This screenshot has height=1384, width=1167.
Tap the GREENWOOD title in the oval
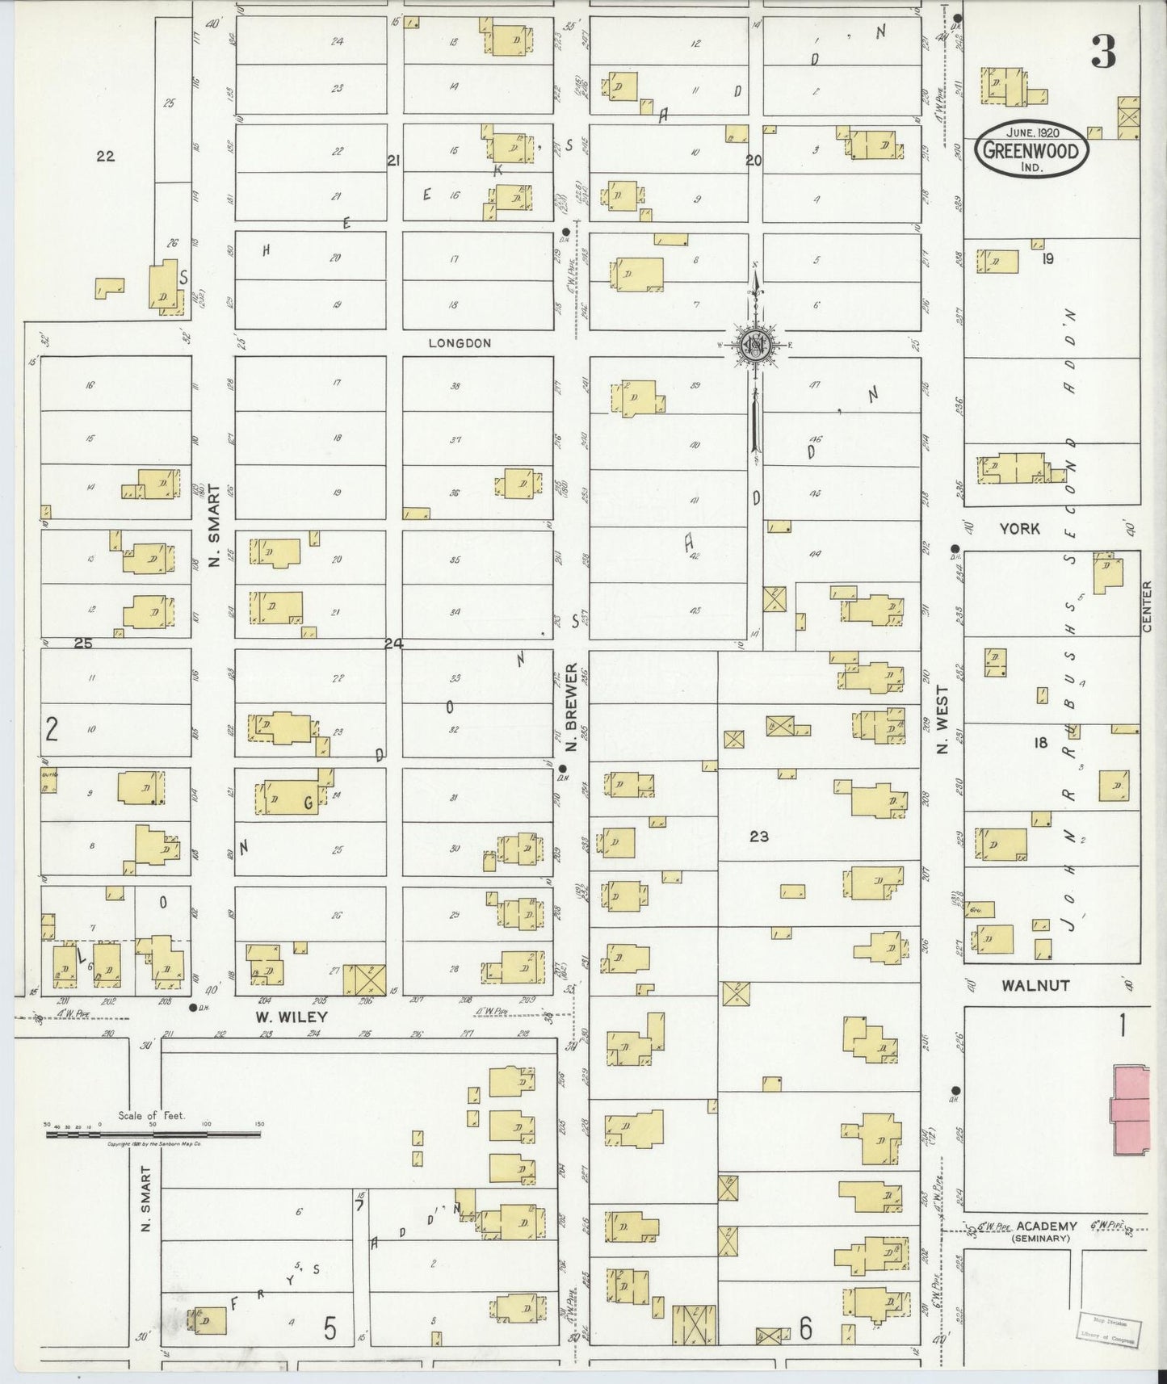click(1031, 150)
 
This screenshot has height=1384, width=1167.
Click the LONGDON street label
click(460, 343)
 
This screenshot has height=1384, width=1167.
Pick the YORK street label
click(1019, 529)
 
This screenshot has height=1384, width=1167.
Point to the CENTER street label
click(1147, 606)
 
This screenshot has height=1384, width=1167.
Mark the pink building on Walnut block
click(1131, 1109)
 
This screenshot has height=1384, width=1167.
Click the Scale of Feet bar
click(153, 1134)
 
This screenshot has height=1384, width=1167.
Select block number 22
click(105, 157)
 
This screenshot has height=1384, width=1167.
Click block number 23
click(758, 837)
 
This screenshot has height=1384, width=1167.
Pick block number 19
click(1047, 259)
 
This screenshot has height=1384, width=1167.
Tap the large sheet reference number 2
click(52, 730)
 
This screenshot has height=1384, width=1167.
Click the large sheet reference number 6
click(805, 1328)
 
